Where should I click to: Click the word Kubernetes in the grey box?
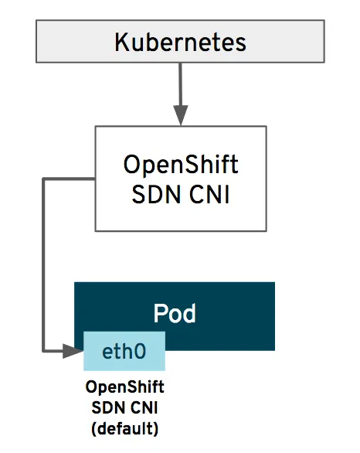(180, 41)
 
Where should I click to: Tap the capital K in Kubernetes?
(122, 41)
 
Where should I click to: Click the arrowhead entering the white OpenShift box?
(180, 117)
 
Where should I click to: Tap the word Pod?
(175, 314)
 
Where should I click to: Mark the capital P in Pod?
(159, 314)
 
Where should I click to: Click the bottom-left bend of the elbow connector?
(42, 353)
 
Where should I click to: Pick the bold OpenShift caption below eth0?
(124, 387)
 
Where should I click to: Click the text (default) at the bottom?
(124, 424)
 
